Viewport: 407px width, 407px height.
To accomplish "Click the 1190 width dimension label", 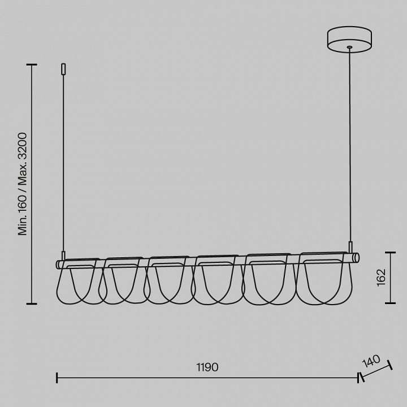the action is pos(207,367).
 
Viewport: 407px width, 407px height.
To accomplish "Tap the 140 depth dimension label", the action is pos(371,361).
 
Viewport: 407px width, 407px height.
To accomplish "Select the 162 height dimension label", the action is pos(382,278).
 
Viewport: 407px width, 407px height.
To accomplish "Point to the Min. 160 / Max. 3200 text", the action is pos(22,184).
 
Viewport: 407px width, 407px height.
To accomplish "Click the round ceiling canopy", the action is pos(349,39).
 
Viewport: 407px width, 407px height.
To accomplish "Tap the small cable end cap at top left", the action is pos(63,69).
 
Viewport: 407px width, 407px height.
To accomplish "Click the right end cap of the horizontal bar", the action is pos(357,258).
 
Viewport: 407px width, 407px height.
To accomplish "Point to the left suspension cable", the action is pos(63,163).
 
